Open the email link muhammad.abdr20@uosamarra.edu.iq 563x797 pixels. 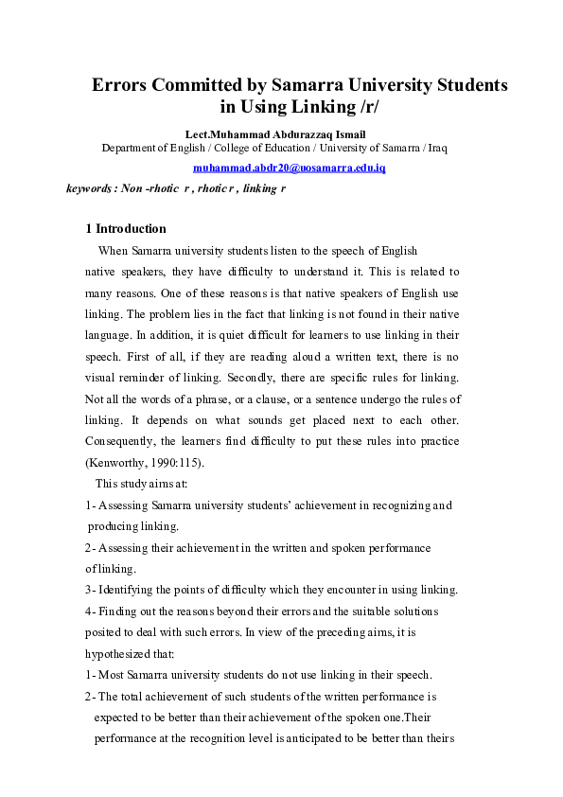pyautogui.click(x=290, y=168)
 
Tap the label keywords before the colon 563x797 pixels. pyautogui.click(x=88, y=188)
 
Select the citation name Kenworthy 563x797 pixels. pyautogui.click(x=118, y=465)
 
